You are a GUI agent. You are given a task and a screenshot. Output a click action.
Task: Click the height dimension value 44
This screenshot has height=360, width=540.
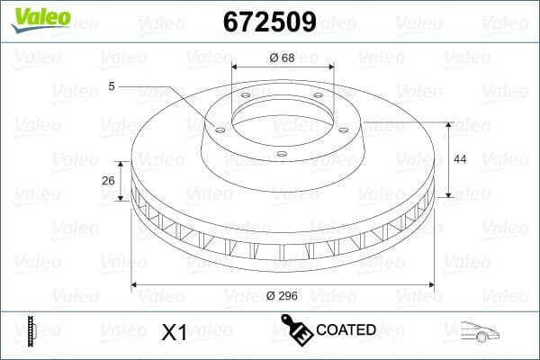tap(460, 158)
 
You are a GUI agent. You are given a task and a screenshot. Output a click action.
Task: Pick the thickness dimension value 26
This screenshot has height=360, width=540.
tap(108, 180)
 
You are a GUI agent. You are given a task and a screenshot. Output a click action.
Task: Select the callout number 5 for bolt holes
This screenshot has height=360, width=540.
tap(111, 86)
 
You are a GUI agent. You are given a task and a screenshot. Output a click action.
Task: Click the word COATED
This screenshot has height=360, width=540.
tap(346, 329)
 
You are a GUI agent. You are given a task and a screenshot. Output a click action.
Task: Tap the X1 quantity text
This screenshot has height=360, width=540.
tap(173, 332)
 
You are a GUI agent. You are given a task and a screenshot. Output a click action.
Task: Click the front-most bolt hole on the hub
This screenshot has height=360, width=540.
tap(282, 154)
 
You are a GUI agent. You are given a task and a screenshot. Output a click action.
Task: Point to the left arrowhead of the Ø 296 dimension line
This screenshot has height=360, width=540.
tap(136, 284)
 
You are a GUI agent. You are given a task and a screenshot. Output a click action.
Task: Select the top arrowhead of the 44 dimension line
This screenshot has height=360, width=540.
tap(447, 122)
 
